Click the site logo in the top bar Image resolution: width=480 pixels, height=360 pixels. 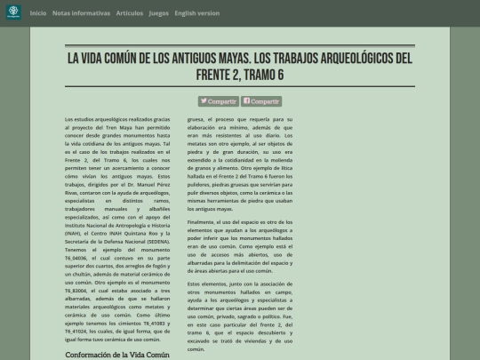12,12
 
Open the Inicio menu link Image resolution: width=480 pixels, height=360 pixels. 38,13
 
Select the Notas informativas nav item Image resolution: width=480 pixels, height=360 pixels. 82,13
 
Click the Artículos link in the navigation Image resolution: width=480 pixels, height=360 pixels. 129,13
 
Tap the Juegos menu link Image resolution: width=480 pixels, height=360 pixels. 158,13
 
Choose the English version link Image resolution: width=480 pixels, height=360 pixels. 196,13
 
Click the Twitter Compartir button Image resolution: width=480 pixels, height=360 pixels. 219,101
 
